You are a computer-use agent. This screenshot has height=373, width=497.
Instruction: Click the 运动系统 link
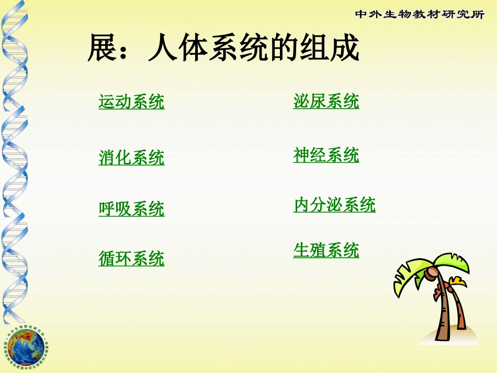[x=131, y=101]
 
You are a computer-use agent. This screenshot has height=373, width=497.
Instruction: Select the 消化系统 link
[x=131, y=157]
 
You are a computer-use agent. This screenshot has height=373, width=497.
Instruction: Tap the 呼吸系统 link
[x=131, y=209]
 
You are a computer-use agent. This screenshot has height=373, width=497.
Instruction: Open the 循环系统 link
[x=131, y=258]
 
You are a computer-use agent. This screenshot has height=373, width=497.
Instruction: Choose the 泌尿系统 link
[x=326, y=101]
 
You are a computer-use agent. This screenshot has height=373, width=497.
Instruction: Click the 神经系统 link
[x=326, y=155]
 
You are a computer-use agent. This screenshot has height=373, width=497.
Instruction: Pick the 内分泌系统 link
[x=334, y=205]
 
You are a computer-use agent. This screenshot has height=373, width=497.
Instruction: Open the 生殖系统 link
[x=326, y=251]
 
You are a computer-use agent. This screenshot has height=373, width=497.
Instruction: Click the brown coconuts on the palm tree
[x=432, y=273]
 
